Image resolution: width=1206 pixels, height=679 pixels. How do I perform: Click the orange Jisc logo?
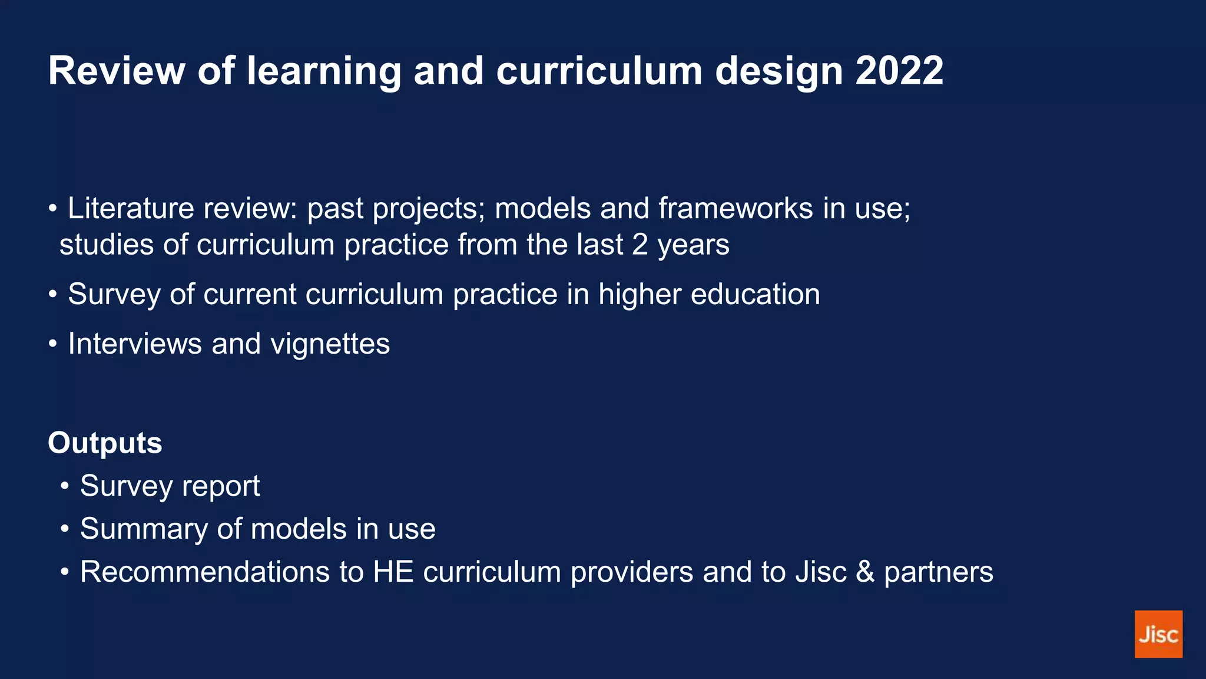pos(1158,634)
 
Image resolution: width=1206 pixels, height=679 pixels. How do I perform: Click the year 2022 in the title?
pos(899,71)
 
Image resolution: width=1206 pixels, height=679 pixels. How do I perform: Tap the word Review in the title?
pos(117,71)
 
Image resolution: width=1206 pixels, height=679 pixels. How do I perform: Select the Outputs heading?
pos(105,443)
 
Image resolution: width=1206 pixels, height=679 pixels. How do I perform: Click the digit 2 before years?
pos(640,245)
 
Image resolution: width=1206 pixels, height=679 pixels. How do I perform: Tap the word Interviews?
pos(135,344)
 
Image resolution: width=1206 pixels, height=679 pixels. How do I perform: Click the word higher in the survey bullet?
pos(640,294)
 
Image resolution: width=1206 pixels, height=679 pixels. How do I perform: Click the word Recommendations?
pos(205,572)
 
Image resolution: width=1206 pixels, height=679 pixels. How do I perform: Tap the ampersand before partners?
pos(865,572)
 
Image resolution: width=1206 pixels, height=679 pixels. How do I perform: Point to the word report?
pos(221,487)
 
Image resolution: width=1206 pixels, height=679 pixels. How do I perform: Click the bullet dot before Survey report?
pos(65,487)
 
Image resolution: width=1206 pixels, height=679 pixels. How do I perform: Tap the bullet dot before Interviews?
pos(53,344)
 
